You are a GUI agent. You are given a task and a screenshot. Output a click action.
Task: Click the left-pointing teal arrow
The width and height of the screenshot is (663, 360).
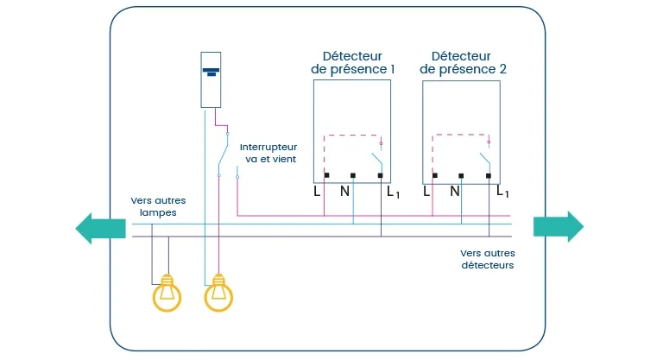(101, 229)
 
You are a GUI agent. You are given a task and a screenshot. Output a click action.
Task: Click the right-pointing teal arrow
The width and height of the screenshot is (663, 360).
(559, 227)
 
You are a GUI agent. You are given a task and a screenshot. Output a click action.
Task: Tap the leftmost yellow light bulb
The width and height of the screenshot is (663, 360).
(167, 293)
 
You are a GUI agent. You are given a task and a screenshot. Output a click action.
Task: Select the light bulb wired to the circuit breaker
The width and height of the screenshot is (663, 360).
(218, 293)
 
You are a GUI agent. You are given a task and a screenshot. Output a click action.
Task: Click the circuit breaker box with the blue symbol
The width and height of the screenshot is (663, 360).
(211, 80)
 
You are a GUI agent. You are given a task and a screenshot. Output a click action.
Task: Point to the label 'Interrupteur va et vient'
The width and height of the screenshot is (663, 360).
(268, 153)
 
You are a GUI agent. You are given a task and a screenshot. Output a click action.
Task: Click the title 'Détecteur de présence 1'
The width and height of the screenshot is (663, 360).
(352, 63)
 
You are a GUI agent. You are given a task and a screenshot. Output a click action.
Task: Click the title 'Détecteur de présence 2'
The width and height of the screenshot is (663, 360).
(463, 63)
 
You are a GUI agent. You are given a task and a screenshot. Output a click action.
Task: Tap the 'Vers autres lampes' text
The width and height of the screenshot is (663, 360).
(158, 206)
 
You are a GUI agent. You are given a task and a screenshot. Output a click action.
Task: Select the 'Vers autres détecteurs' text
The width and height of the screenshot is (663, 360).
(488, 259)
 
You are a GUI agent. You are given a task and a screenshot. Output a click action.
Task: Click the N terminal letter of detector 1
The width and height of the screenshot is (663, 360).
(344, 192)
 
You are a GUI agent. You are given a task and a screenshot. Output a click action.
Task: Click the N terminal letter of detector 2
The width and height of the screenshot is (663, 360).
(455, 192)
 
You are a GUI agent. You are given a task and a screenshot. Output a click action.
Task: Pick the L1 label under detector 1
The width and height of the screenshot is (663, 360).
(394, 193)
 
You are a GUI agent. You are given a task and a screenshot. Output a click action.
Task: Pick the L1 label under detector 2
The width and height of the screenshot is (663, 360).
(502, 192)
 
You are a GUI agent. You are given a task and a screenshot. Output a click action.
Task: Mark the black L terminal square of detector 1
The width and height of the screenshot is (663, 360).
(326, 175)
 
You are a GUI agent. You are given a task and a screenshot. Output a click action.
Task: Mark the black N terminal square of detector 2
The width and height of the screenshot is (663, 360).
(461, 175)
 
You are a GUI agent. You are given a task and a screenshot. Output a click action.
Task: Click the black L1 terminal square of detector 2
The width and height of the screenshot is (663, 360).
(489, 175)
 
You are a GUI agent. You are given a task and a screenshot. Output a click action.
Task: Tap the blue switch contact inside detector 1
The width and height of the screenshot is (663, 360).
(377, 161)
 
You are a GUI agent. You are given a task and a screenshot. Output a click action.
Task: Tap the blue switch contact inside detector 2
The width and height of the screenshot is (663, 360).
(485, 161)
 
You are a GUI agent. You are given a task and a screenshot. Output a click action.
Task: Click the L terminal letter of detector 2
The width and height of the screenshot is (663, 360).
(426, 192)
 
